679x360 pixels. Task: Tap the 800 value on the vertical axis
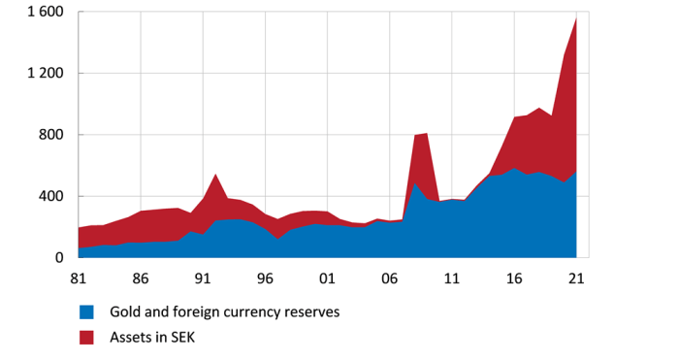[49, 135]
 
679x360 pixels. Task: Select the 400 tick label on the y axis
[49, 196]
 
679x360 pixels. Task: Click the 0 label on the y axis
[58, 258]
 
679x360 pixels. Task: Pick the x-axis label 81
[80, 278]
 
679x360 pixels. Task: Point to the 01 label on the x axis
[328, 278]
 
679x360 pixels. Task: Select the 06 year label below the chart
[390, 278]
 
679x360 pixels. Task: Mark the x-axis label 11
[452, 278]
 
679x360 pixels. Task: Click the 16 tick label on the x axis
[514, 278]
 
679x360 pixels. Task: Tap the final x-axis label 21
[576, 278]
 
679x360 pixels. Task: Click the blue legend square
[86, 312]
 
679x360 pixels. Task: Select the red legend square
[86, 337]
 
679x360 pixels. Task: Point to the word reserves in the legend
[310, 312]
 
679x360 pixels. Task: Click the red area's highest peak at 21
[576, 18]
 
